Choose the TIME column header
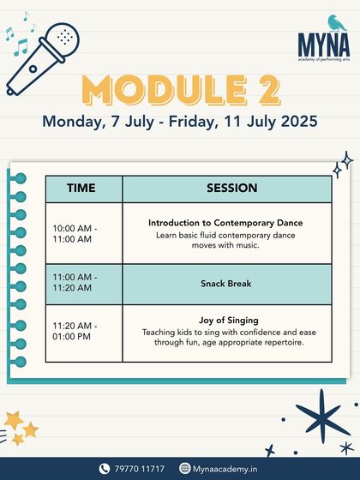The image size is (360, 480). [83, 189]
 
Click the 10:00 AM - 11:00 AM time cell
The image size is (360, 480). [75, 233]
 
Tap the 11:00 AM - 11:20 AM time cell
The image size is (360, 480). [75, 283]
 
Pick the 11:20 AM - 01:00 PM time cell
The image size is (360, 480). [75, 332]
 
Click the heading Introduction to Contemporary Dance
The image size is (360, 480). [225, 223]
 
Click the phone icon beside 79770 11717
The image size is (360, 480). [105, 468]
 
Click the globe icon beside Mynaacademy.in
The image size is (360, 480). [184, 468]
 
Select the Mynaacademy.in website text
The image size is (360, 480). [224, 468]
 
